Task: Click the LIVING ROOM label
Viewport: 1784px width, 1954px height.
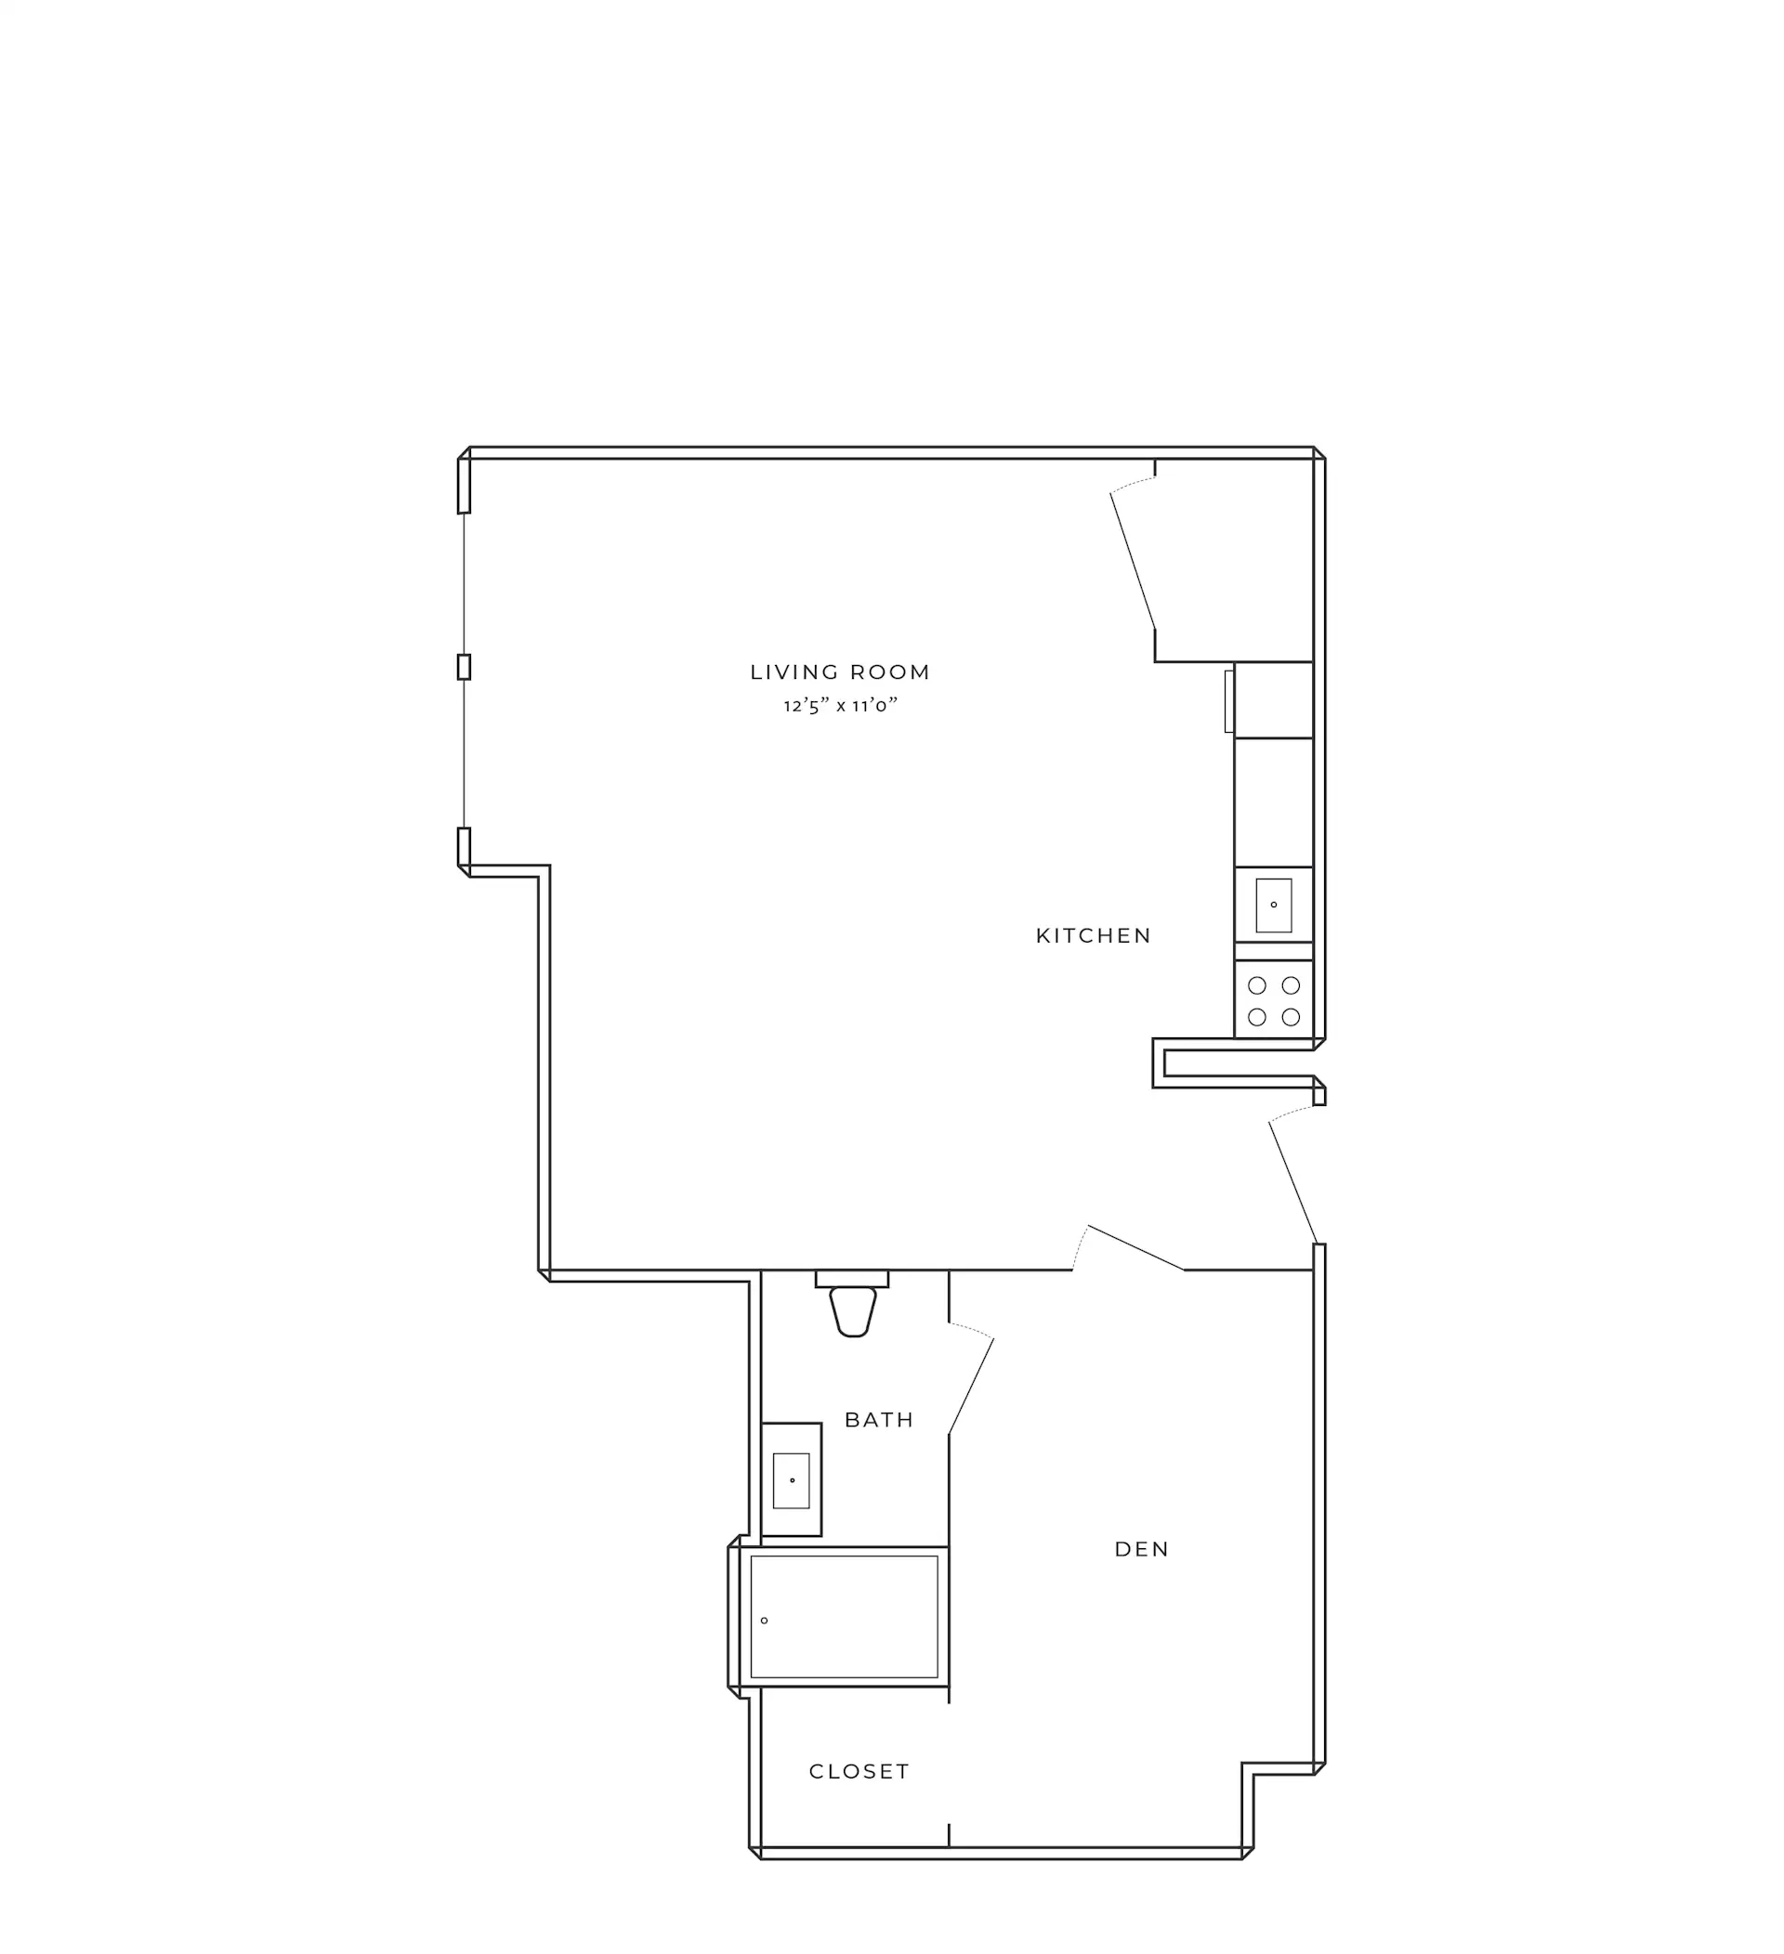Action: [x=840, y=671]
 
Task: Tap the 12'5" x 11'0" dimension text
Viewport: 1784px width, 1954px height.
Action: [x=841, y=706]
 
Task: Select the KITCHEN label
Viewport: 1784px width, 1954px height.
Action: [x=1094, y=935]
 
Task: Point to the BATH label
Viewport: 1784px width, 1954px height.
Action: [x=878, y=1420]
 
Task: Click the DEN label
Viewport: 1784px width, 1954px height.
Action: [x=1142, y=1549]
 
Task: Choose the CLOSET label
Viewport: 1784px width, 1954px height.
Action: [x=859, y=1772]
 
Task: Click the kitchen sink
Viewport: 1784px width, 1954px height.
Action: [x=1273, y=905]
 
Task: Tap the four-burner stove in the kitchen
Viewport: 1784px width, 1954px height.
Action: [x=1273, y=1000]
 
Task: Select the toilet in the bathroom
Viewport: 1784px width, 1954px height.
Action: [x=852, y=1303]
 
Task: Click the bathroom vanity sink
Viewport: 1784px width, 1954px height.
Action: [x=791, y=1480]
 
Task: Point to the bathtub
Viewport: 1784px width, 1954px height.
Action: [x=844, y=1617]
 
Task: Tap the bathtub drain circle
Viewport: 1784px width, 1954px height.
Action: [x=764, y=1621]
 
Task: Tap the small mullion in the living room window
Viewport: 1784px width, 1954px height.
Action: [x=464, y=667]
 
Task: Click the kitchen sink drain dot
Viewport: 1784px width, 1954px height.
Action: [x=1274, y=905]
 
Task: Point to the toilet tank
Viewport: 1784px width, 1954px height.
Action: [x=852, y=1279]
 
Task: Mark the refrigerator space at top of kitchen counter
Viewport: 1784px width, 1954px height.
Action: [x=1273, y=700]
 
